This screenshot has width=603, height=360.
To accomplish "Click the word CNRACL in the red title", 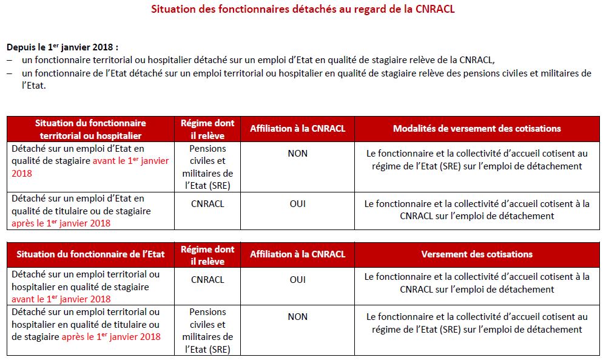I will click(x=433, y=10).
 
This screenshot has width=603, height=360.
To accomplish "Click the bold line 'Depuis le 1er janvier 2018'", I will click(x=62, y=47).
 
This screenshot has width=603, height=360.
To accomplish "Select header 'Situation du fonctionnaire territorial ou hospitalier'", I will click(x=90, y=129).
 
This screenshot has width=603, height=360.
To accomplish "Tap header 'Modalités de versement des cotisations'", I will click(x=477, y=129).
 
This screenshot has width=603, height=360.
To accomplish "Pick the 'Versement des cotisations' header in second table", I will click(x=477, y=254).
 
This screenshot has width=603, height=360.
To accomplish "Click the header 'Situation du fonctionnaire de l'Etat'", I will click(x=90, y=254).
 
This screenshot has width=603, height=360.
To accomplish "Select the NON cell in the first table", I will click(x=297, y=154).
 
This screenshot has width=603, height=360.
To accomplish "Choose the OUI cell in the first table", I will click(x=297, y=204).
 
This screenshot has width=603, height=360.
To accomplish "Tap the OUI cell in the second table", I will click(x=297, y=280).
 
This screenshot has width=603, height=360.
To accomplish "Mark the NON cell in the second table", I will click(x=297, y=317).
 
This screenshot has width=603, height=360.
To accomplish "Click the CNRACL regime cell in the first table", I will click(x=207, y=204).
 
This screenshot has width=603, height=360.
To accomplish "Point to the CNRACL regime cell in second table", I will click(x=207, y=280).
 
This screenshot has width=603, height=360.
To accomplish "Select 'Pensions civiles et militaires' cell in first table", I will click(x=207, y=167).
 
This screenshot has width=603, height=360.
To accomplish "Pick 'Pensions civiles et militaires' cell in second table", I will click(x=207, y=330).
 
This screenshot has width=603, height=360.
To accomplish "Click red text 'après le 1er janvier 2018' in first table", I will click(x=61, y=223).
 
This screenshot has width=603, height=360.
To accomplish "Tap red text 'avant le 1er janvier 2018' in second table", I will click(x=61, y=299).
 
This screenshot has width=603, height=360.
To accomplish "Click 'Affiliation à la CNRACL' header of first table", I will click(x=297, y=129).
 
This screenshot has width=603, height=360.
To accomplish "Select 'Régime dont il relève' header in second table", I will click(x=207, y=255).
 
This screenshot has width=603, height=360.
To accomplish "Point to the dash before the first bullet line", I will click(x=10, y=59).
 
